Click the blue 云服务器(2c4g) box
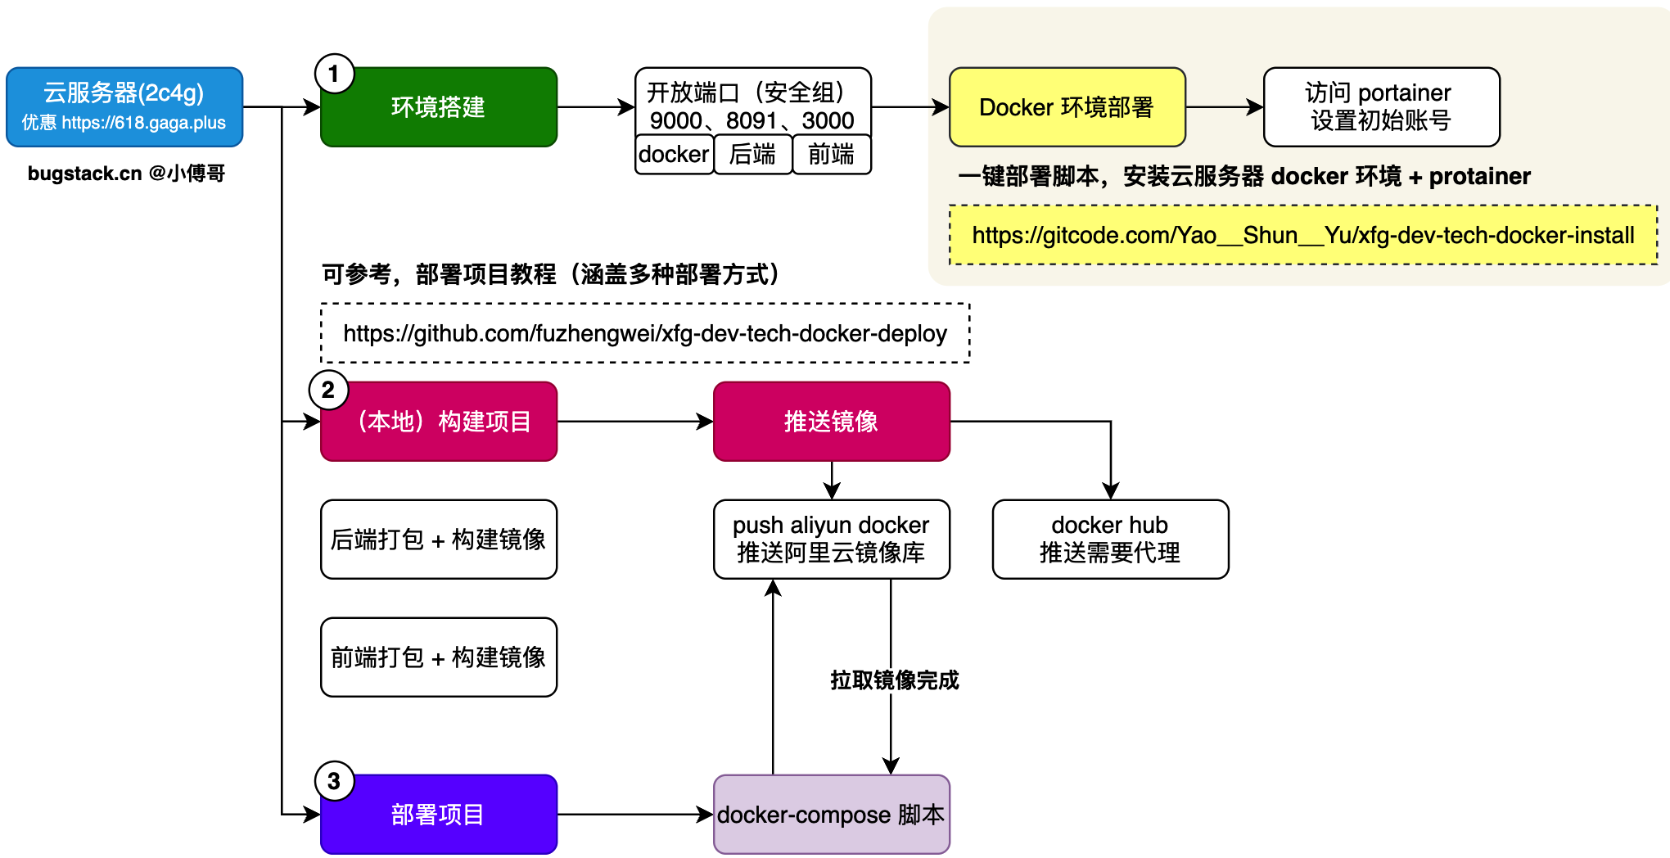click(x=124, y=106)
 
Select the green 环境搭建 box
click(x=439, y=107)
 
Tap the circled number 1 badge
click(x=334, y=75)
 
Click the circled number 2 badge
click(x=328, y=391)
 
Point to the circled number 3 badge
click(x=334, y=782)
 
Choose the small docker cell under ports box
click(x=674, y=155)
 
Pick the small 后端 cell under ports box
click(x=752, y=155)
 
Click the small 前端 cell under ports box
click(x=831, y=155)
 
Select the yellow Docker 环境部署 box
click(x=1067, y=107)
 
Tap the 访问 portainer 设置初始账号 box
click(x=1381, y=107)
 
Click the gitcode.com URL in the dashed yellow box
click(x=1302, y=236)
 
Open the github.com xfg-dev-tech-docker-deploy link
click(x=645, y=333)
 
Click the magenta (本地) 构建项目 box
click(x=439, y=422)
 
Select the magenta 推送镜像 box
click(x=831, y=422)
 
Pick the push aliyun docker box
click(x=831, y=540)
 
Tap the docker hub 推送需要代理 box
click(x=1110, y=540)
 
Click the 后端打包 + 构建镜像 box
click(x=439, y=540)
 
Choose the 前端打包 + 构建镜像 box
click(x=439, y=657)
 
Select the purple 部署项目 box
click(x=439, y=815)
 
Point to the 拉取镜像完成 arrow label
click(x=894, y=680)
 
